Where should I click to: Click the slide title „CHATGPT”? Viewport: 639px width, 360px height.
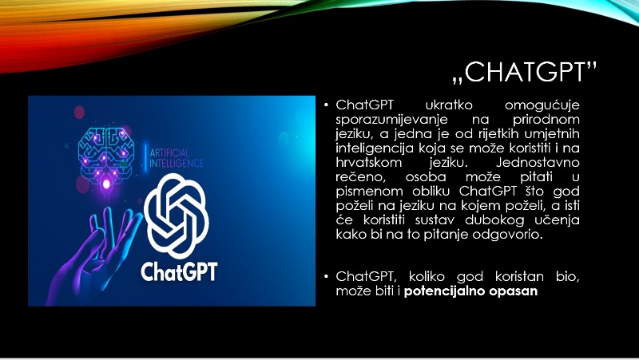click(x=525, y=73)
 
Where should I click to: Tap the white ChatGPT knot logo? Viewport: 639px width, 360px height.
click(x=177, y=216)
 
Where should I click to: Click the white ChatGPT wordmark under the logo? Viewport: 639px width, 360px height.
click(x=179, y=271)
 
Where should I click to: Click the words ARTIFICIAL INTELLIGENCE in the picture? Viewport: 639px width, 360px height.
click(x=176, y=158)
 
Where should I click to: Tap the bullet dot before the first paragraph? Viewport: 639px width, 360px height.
click(x=326, y=105)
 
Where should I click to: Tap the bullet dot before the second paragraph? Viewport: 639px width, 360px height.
click(x=326, y=276)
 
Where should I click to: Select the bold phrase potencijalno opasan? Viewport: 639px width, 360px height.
click(x=470, y=291)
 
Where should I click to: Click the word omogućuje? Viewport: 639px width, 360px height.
click(x=542, y=105)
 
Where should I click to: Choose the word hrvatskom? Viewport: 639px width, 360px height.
click(x=369, y=163)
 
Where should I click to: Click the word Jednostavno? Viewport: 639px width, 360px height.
click(x=538, y=163)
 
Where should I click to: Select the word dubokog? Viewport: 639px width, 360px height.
click(x=494, y=220)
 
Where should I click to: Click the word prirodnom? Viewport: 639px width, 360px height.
click(x=546, y=120)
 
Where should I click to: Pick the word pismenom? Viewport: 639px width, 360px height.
click(x=369, y=192)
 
